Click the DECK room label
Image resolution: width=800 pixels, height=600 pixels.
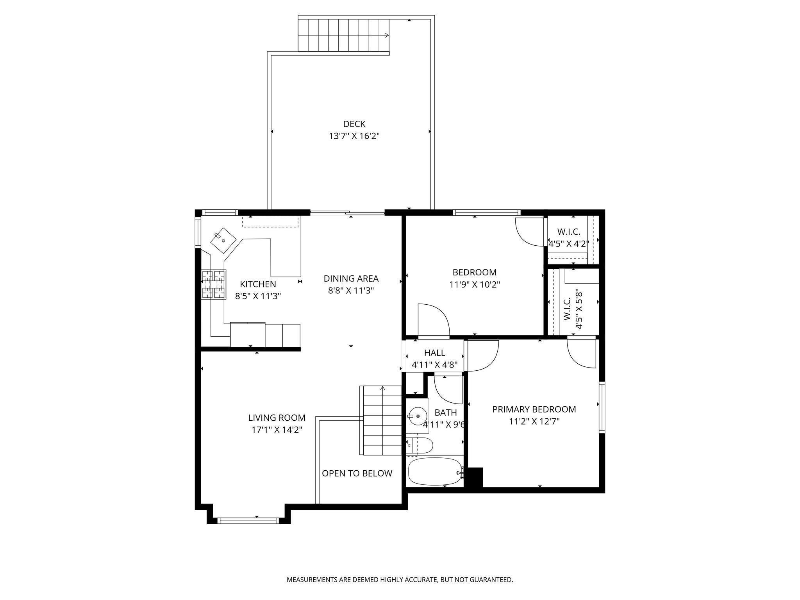pos(354,124)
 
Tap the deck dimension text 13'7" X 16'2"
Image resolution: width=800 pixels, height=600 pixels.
pos(354,136)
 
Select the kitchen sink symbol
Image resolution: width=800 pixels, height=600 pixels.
pos(223,241)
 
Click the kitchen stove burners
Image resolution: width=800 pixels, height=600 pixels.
pos(214,284)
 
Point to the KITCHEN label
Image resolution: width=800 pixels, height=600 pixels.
pos(258,284)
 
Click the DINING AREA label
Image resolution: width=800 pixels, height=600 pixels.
pos(351,279)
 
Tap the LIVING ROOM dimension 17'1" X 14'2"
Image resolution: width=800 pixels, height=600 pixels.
pos(277,430)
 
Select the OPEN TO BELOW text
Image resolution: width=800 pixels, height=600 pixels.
pos(357,473)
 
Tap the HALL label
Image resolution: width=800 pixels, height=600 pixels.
pos(434,353)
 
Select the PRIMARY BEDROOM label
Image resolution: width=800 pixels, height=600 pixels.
pos(534,409)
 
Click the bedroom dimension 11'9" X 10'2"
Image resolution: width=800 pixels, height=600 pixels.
pos(474,284)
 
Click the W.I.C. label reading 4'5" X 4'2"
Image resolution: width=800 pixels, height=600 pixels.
pos(569,244)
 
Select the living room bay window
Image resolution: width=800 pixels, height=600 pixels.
pos(248,520)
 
